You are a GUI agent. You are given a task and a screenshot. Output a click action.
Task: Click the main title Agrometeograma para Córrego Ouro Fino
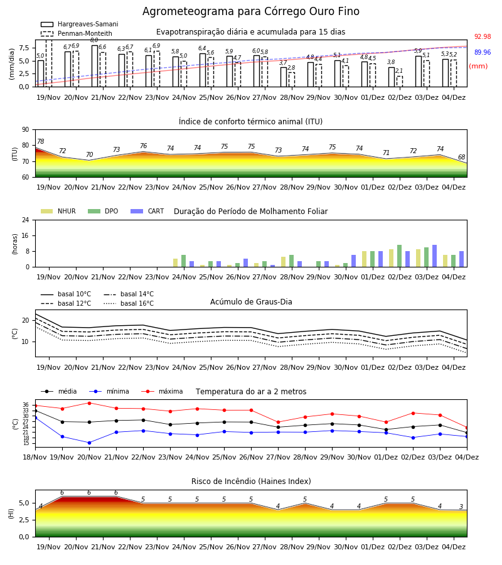pos(250,11)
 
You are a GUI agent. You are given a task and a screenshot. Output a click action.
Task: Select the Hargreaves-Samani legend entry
pos(79,24)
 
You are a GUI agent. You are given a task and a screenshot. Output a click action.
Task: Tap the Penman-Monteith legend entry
pos(77,33)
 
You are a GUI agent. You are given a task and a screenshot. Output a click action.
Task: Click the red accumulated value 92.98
pos(483,36)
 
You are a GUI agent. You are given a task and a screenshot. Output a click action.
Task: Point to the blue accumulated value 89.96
pos(483,52)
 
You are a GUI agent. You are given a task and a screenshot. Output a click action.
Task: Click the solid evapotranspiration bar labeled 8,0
pos(95,66)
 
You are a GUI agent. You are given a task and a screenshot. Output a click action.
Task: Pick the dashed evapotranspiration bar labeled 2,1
pos(399,82)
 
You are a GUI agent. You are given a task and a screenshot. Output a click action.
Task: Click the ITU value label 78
pos(41,142)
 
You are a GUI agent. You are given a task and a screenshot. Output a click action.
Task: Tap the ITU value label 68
pos(461,157)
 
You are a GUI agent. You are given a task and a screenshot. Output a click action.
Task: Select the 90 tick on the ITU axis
pos(26,130)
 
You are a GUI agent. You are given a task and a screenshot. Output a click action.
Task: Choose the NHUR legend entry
pos(58,211)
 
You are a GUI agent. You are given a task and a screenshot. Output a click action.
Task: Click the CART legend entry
pos(147,211)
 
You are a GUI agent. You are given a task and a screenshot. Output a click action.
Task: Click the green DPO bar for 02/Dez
pos(399,256)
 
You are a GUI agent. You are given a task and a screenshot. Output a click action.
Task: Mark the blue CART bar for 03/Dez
pos(435,256)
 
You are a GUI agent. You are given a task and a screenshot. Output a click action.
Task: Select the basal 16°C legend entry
pos(129,303)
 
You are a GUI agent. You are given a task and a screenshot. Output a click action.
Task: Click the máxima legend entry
pos(163,391)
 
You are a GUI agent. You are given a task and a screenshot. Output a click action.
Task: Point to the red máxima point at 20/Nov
pos(89,403)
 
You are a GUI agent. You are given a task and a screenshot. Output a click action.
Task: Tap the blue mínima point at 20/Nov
pos(89,443)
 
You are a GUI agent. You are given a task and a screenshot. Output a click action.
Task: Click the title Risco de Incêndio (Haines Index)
pos(251,482)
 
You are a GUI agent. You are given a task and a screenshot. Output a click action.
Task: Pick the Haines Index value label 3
pos(461,507)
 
